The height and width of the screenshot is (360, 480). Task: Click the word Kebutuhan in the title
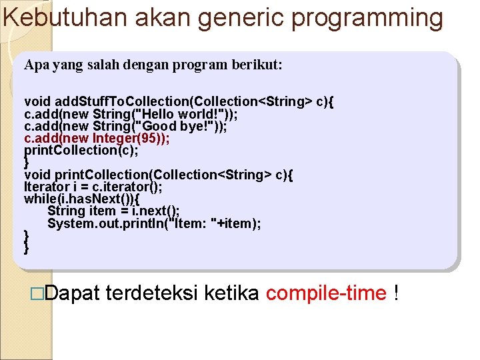tap(66, 18)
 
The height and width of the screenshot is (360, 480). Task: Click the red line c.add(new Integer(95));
tap(97, 138)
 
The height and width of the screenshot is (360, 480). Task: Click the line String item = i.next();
tap(113, 211)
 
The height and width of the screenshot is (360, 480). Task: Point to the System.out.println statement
tap(154, 223)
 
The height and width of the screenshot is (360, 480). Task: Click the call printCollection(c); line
tap(81, 150)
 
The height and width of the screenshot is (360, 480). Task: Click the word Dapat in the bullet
tap(73, 293)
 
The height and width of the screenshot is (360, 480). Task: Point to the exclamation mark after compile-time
tap(397, 293)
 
